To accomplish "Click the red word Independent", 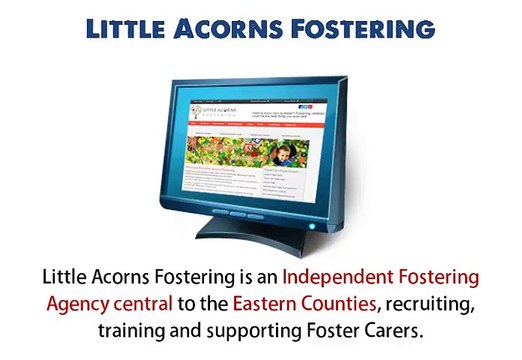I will click(339, 276).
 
